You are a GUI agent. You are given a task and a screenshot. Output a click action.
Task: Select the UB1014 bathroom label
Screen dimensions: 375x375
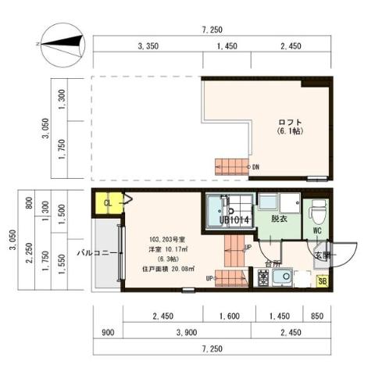coord(234,220)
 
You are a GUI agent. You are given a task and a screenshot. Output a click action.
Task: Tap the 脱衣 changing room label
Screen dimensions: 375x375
coord(279,219)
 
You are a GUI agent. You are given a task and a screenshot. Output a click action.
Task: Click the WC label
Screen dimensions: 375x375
coord(319,230)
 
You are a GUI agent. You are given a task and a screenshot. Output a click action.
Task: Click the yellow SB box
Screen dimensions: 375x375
coord(323,280)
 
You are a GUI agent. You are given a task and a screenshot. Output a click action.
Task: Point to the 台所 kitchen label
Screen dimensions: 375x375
coord(272,262)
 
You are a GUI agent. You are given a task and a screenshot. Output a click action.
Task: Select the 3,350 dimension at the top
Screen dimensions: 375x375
coord(148,48)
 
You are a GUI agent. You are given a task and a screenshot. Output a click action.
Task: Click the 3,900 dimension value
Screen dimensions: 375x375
coord(186,331)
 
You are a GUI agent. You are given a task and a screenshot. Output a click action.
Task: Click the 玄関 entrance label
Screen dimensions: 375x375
coord(323,255)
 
